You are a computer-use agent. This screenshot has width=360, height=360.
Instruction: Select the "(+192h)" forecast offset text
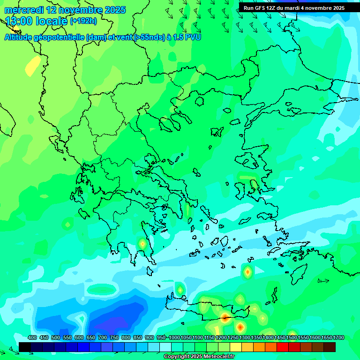(x=83, y=21)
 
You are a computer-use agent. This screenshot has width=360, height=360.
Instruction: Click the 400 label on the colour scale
(x=32, y=337)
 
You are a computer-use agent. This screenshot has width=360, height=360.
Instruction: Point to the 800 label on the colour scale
(x=126, y=337)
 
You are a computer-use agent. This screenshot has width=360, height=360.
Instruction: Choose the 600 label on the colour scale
(x=79, y=337)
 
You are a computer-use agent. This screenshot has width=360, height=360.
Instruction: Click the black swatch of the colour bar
(x=25, y=347)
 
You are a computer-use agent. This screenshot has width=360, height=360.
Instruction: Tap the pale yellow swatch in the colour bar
(x=236, y=347)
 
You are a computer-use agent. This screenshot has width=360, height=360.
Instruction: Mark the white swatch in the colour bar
(x=165, y=347)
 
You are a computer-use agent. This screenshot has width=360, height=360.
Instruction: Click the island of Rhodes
(x=299, y=273)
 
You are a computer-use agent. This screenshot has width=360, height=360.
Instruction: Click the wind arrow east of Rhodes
(x=323, y=281)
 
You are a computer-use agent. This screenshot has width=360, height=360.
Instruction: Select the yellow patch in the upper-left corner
(x=33, y=66)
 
